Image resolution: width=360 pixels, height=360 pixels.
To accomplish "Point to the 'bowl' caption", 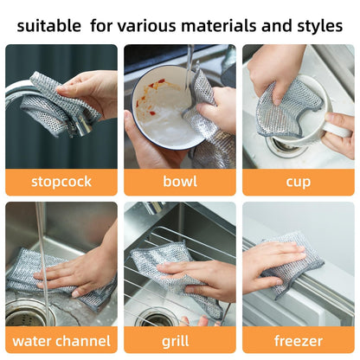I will tap(179, 182).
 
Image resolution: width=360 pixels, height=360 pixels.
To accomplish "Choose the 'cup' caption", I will tap(298, 182).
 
